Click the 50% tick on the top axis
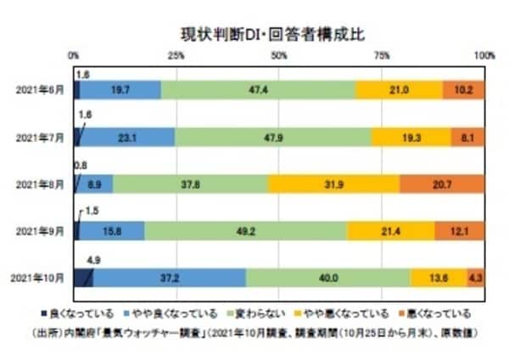pos(278,55)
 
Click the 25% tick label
pos(176,55)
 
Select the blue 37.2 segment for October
pos(170,277)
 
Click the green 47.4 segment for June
pos(258,88)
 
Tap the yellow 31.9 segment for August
pos(333,183)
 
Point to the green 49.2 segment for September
pos(245,229)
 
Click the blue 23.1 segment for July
pos(129,136)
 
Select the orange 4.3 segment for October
pos(475,277)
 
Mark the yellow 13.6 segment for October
pos(438,277)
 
